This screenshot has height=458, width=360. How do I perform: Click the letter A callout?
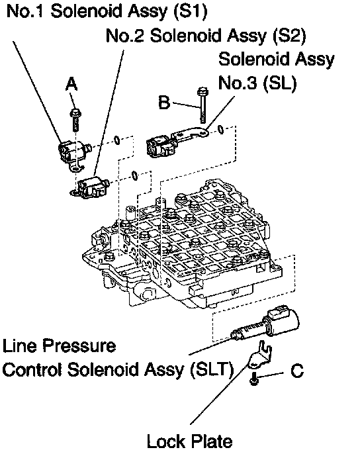[71, 84]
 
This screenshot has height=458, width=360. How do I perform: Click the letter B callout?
[164, 103]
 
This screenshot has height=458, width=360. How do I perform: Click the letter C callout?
[297, 371]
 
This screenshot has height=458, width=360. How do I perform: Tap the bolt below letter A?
[75, 120]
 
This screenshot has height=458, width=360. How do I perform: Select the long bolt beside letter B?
[202, 105]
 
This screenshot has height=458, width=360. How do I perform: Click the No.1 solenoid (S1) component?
[73, 153]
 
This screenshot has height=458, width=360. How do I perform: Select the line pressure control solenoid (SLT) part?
[265, 325]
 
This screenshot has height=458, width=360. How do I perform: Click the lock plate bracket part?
[259, 355]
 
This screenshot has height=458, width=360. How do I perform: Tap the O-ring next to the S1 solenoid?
[116, 140]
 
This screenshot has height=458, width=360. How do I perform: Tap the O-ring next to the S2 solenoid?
[134, 175]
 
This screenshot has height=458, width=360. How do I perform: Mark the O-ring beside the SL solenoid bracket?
[221, 130]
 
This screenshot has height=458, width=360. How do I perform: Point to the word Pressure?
[79, 345]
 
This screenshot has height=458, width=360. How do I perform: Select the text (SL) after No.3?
[280, 83]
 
